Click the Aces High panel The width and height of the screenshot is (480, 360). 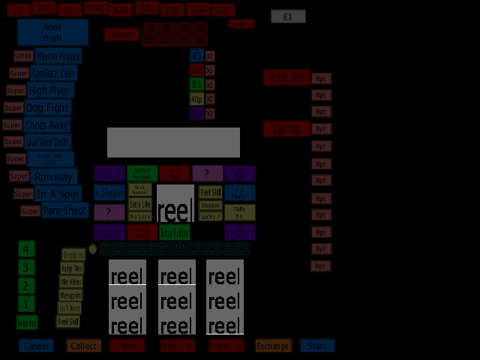point(52,32)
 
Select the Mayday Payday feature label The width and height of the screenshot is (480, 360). point(58,55)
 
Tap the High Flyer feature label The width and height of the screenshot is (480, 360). point(50,91)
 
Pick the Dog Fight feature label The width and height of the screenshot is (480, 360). point(47,108)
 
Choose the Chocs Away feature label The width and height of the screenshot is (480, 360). point(46,125)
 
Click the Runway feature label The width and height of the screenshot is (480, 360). point(54,177)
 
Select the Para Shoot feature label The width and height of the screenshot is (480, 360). point(64,211)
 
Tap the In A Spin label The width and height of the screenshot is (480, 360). point(58,193)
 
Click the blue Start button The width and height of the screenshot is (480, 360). point(317,346)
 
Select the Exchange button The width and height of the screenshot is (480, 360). point(272,346)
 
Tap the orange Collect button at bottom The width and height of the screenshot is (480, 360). point(83,346)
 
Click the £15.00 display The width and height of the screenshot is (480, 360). point(286,78)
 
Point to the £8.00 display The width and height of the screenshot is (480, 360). point(286,129)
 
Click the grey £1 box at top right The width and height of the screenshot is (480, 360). point(288,16)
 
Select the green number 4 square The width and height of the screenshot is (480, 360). point(26,249)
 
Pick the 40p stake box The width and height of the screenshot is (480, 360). point(196,99)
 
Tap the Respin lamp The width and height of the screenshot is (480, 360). point(70,295)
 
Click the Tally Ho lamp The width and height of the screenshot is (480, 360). point(239,212)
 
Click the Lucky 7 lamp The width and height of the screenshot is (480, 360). point(211,216)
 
